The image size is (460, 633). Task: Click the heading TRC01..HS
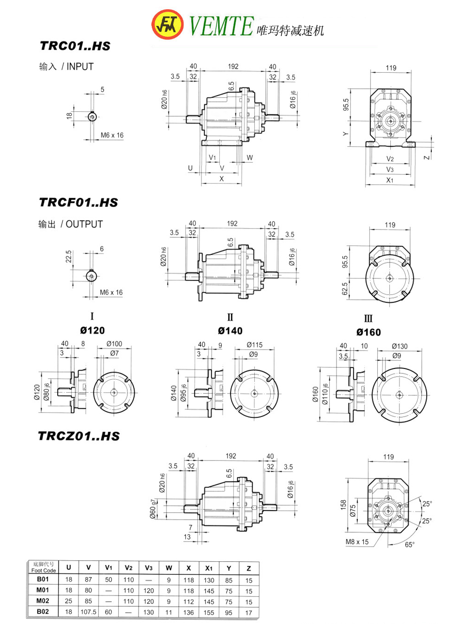(x=75, y=46)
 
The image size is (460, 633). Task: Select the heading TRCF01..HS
(x=78, y=202)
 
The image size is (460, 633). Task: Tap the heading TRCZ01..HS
(x=78, y=436)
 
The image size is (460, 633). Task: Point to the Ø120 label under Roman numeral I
(x=92, y=330)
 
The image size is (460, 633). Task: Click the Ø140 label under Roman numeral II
(x=230, y=331)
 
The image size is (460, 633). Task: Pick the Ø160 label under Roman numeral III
(x=368, y=332)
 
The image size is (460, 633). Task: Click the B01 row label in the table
(x=43, y=580)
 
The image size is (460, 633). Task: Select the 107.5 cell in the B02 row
(x=89, y=612)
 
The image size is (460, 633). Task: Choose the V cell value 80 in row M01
(x=89, y=590)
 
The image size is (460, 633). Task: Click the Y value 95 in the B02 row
(x=229, y=612)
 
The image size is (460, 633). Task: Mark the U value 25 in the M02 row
(x=69, y=602)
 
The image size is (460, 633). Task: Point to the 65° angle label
(x=410, y=545)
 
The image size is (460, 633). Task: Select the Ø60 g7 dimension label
(x=153, y=509)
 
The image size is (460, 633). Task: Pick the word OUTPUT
(x=84, y=224)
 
